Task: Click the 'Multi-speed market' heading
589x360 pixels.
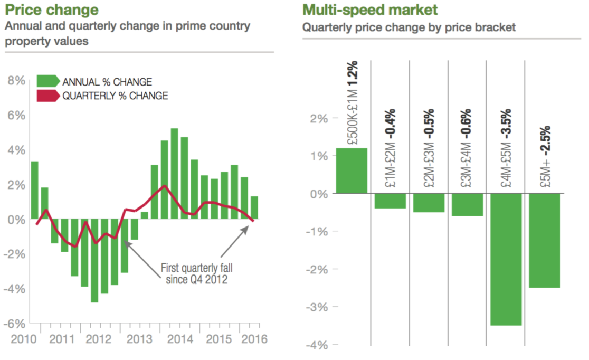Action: [369, 10]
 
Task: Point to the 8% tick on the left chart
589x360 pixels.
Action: [16, 81]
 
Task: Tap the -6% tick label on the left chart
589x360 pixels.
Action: [15, 324]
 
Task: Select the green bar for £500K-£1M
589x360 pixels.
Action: [351, 170]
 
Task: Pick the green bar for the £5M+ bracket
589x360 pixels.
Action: [544, 241]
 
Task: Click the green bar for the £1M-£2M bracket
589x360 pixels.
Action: [390, 201]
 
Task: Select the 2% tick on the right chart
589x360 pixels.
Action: [319, 118]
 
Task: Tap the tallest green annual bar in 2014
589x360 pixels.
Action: [174, 174]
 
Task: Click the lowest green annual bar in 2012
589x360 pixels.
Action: [94, 261]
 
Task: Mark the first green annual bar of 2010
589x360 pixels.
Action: [34, 190]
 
